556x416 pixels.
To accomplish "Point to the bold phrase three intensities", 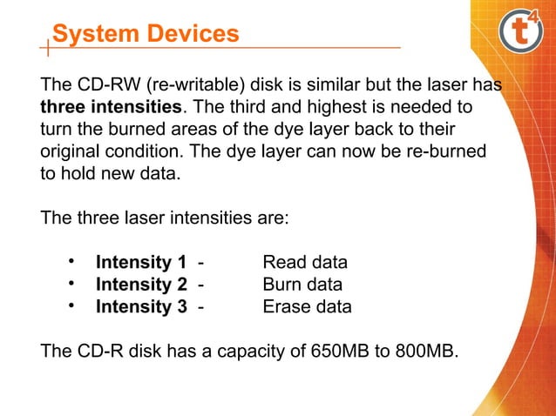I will pyautogui.click(x=112, y=110).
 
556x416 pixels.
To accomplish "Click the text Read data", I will pyautogui.click(x=305, y=263).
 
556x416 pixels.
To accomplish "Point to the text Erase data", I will pyautogui.click(x=307, y=306).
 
